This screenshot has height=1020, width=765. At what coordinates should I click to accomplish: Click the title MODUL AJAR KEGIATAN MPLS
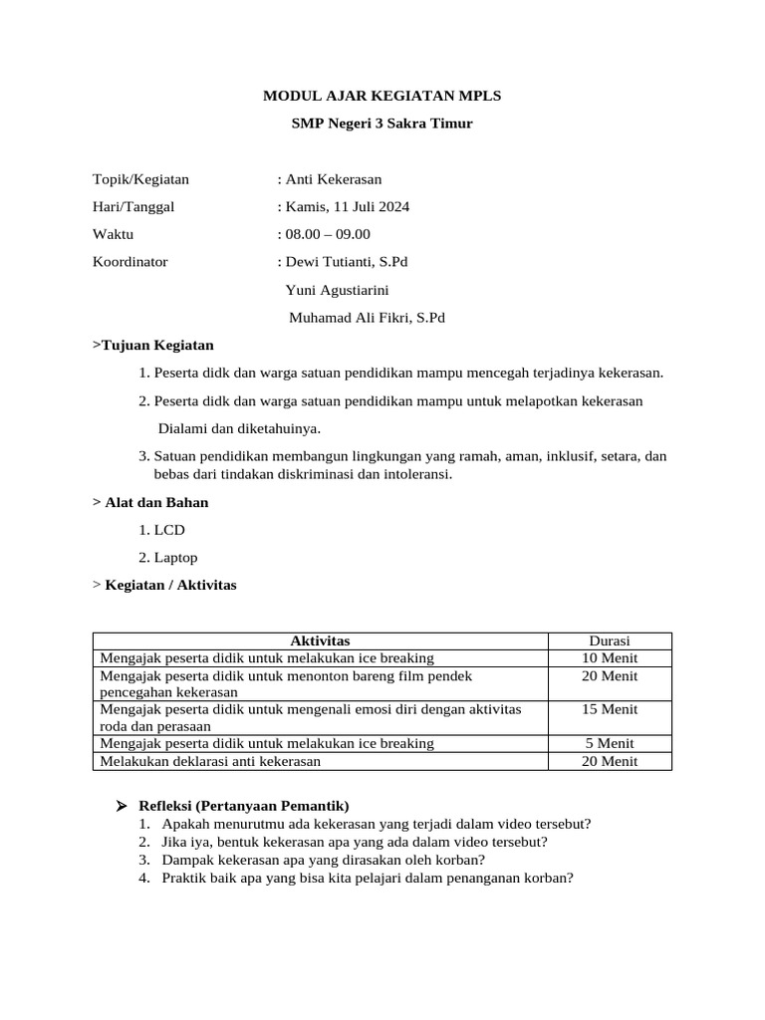tap(382, 97)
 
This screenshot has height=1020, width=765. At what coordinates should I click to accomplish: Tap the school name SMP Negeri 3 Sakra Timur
tap(382, 125)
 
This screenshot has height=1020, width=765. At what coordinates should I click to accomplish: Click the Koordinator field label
tap(129, 262)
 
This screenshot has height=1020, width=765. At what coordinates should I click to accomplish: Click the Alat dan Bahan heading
tap(150, 502)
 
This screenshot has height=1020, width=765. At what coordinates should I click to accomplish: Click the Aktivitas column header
tap(320, 640)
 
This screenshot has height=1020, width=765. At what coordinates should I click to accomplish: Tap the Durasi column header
tap(610, 640)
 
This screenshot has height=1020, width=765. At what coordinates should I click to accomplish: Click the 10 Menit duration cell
tap(610, 658)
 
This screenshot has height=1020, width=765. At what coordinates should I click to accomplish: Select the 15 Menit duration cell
tap(610, 709)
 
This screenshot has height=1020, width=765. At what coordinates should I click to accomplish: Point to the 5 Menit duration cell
tap(610, 743)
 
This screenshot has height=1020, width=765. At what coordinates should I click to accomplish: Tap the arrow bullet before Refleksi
tap(121, 806)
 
